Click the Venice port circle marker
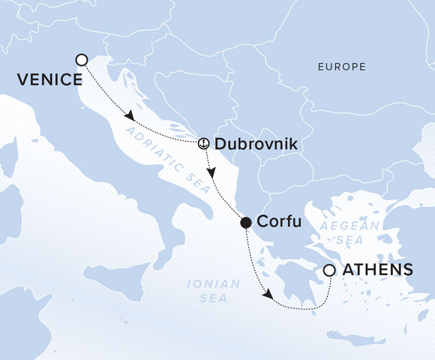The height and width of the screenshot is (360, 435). pyautogui.click(x=82, y=59)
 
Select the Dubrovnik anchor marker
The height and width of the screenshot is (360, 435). pyautogui.click(x=202, y=142)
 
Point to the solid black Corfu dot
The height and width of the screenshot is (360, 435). pyautogui.click(x=245, y=222)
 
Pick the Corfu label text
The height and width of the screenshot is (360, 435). pyautogui.click(x=279, y=222)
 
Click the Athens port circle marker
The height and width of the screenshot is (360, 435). pyautogui.click(x=328, y=270)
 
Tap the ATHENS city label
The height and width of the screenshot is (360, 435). pyautogui.click(x=379, y=269)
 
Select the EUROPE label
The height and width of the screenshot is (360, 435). pyautogui.click(x=341, y=67)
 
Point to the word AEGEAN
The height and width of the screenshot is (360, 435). pyautogui.click(x=340, y=226)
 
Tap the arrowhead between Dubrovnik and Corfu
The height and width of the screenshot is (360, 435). pyautogui.click(x=213, y=172)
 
